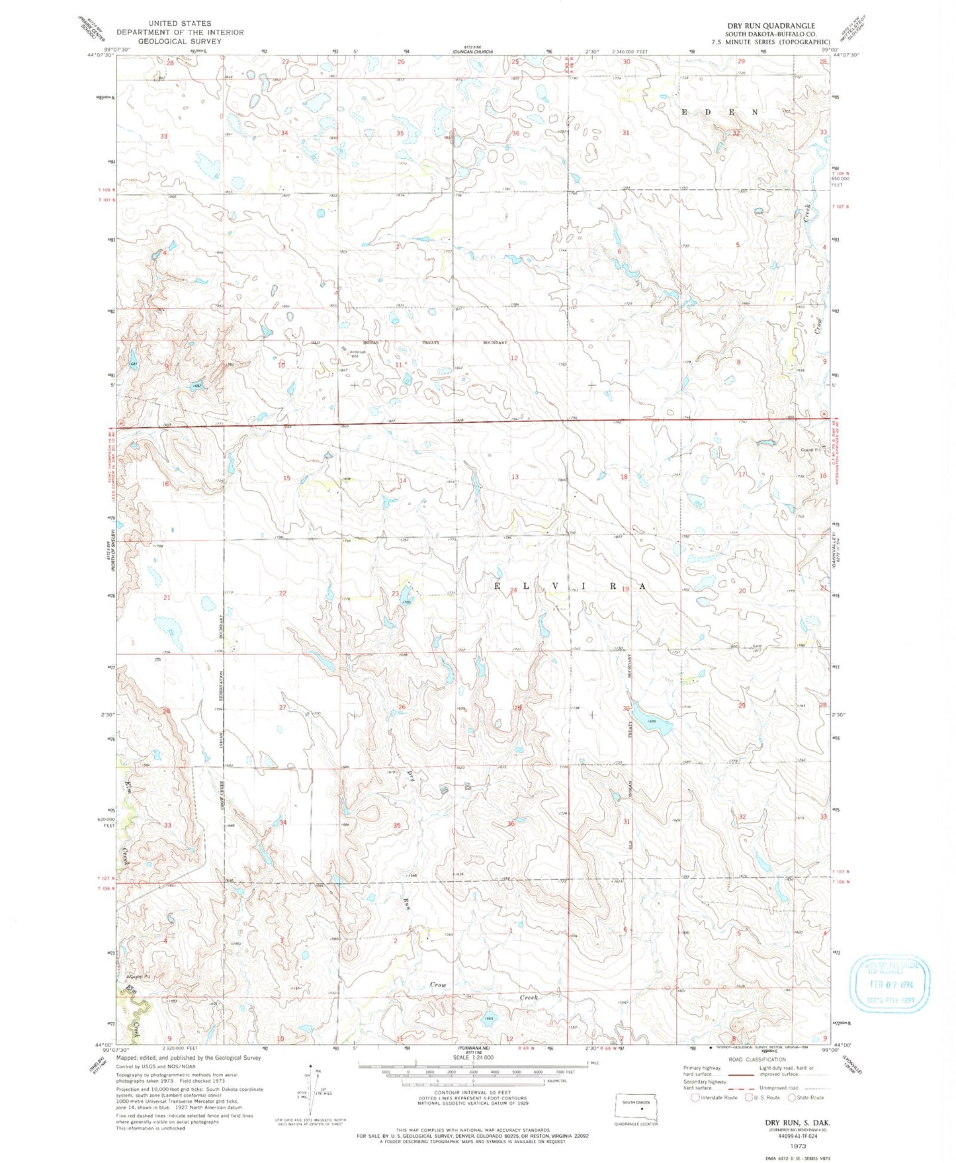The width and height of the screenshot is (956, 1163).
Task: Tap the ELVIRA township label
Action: coord(570,587)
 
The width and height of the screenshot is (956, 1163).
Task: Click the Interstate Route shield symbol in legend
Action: coord(695,1098)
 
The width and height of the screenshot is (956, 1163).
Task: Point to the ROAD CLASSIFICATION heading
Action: coord(757,1059)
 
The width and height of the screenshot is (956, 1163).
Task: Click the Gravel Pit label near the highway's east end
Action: coord(810,450)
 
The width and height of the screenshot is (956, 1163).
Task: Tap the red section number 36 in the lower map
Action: coord(511,824)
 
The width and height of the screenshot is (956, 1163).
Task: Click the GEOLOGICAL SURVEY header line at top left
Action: coord(180,41)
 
